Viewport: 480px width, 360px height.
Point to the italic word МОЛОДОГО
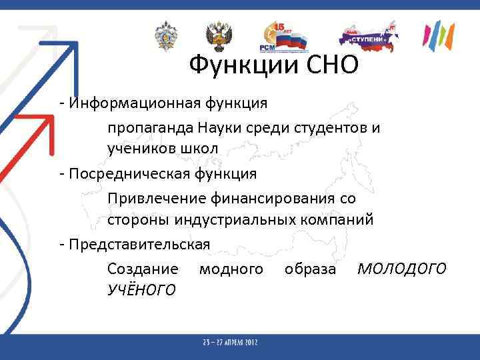401,269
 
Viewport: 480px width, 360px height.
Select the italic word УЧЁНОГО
141,289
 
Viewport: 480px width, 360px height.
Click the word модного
231,269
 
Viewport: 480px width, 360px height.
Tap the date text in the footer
231,342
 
